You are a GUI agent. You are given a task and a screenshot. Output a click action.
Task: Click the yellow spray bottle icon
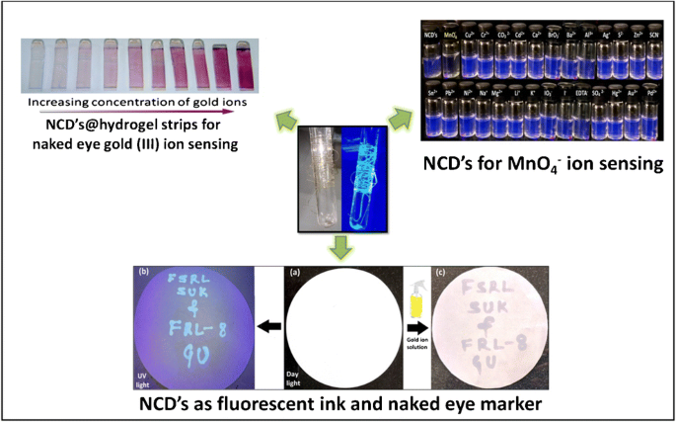[417, 292]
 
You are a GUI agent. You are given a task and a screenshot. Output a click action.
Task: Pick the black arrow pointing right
[417, 326]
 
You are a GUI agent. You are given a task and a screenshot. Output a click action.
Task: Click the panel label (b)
[145, 270]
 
